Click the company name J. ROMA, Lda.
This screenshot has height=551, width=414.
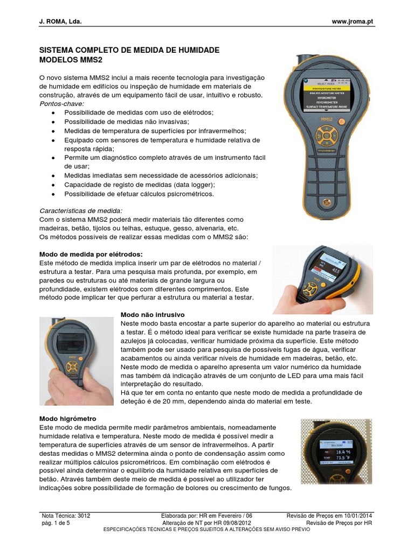[x=61, y=21]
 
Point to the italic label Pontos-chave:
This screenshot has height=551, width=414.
[x=62, y=103]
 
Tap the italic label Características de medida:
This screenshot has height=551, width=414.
[x=81, y=210]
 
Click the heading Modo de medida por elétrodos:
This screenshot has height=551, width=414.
[x=91, y=254]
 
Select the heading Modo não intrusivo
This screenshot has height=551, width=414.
[x=153, y=314]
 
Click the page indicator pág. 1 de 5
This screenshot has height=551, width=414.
[x=56, y=522]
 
